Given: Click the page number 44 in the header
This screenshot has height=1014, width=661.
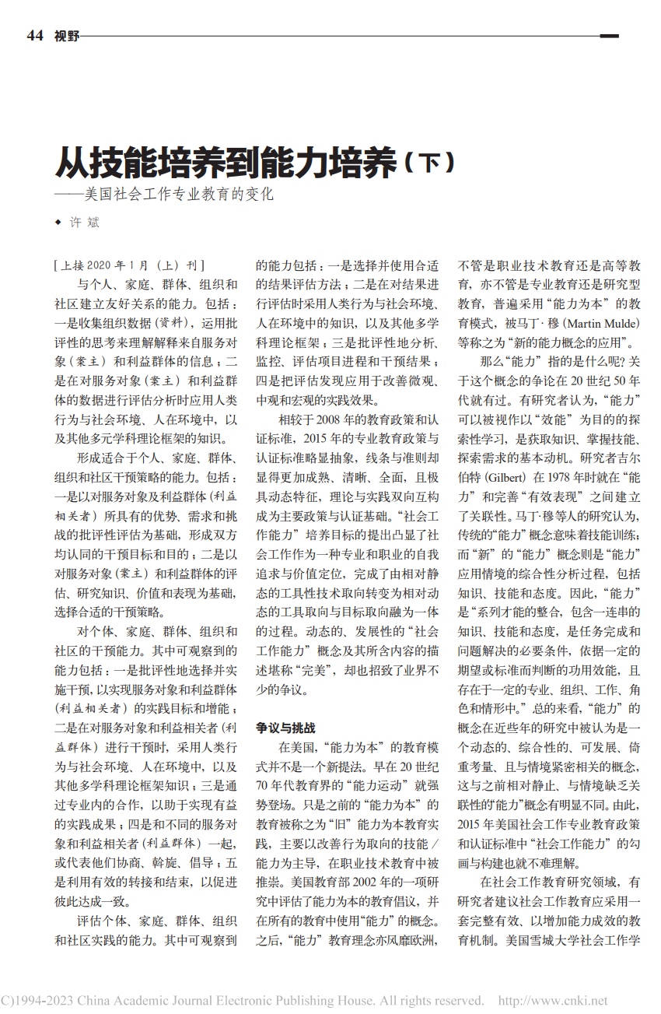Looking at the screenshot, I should coord(34,35).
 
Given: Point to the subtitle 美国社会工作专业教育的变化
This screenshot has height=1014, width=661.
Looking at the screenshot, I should coord(179,195).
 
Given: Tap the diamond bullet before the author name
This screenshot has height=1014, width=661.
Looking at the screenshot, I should coord(58,223).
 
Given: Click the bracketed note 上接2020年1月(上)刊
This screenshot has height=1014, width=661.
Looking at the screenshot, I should coord(128,265).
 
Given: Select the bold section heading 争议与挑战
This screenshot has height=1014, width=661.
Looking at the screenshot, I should coord(286,728).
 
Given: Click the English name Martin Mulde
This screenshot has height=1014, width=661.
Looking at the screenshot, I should coord(602,322).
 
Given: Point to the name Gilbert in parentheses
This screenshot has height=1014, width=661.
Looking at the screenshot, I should coord(508,475).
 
